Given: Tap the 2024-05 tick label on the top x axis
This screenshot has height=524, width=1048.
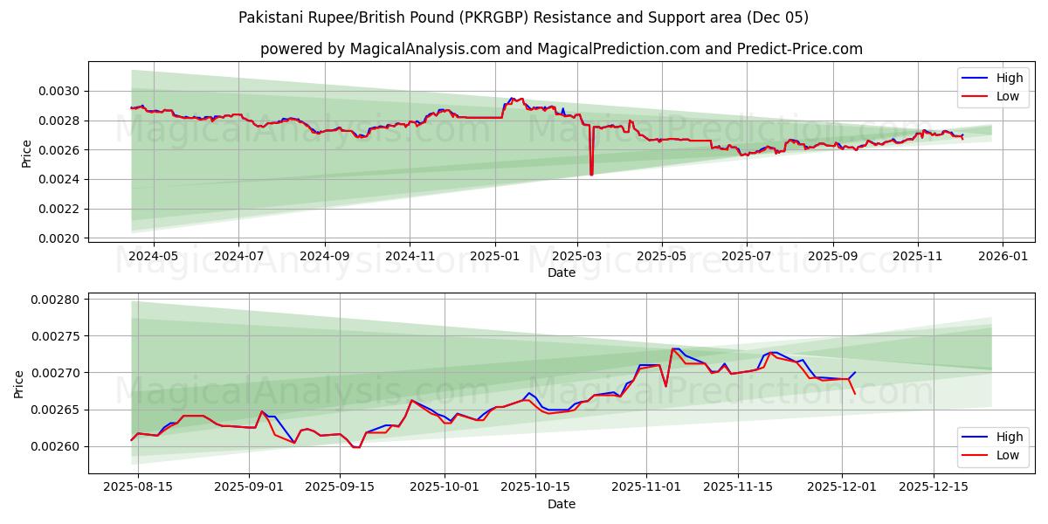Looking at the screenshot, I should coord(154,257).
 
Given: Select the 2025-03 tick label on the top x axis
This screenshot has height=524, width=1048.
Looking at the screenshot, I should coord(576,257).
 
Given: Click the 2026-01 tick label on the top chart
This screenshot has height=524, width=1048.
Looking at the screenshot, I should coord(1002,257).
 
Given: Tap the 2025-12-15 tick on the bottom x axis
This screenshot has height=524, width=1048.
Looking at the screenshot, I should coord(933,486).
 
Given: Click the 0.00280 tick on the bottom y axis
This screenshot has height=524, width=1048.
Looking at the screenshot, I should coord(56,300).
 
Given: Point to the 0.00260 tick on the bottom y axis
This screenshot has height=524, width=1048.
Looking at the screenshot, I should coord(56,446).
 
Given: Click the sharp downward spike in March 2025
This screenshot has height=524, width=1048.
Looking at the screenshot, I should coord(591,173).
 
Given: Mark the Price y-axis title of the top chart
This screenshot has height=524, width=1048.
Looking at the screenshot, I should coord(26,153).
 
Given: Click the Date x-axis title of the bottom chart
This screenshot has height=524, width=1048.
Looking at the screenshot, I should coord(562,504).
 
